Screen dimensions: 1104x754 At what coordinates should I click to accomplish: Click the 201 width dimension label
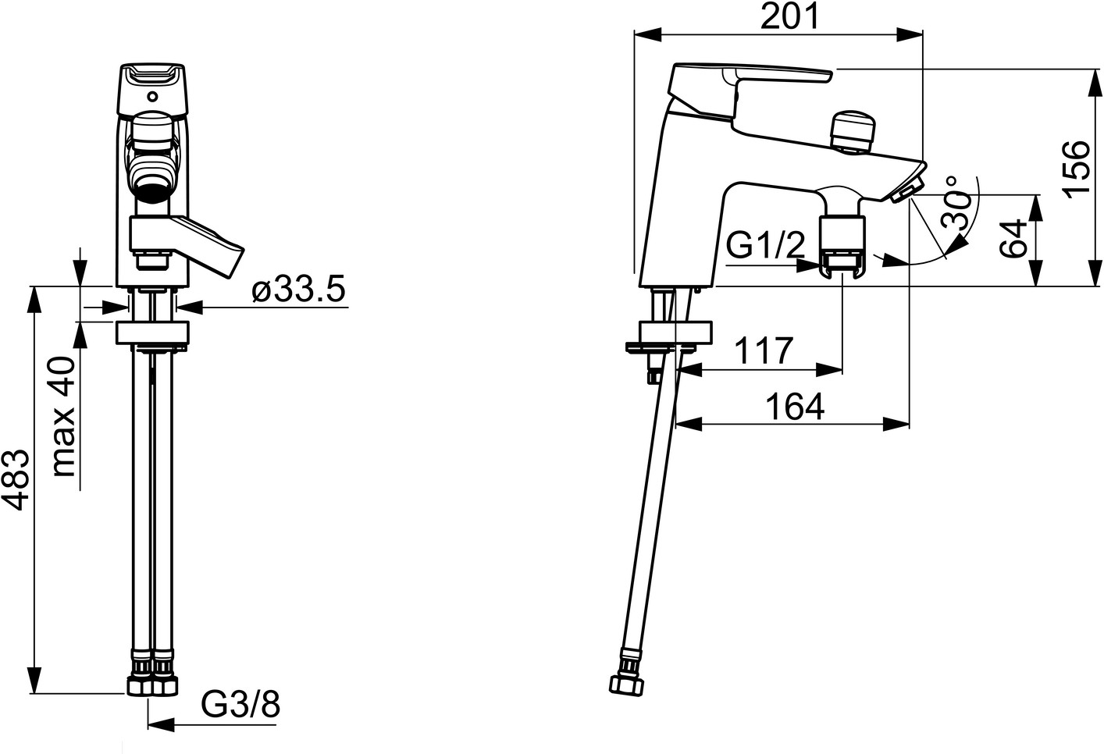pyautogui.click(x=789, y=16)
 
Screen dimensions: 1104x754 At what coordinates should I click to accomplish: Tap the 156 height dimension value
pyautogui.click(x=1076, y=170)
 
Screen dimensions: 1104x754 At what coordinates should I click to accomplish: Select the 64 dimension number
pyautogui.click(x=1013, y=239)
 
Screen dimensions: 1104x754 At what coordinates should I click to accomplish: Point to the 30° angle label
pyautogui.click(x=957, y=202)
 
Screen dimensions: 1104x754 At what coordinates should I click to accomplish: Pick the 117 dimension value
pyautogui.click(x=764, y=350)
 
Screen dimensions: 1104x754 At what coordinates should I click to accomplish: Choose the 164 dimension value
pyautogui.click(x=795, y=407)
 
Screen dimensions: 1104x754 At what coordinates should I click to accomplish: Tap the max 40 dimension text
pyautogui.click(x=64, y=417)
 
